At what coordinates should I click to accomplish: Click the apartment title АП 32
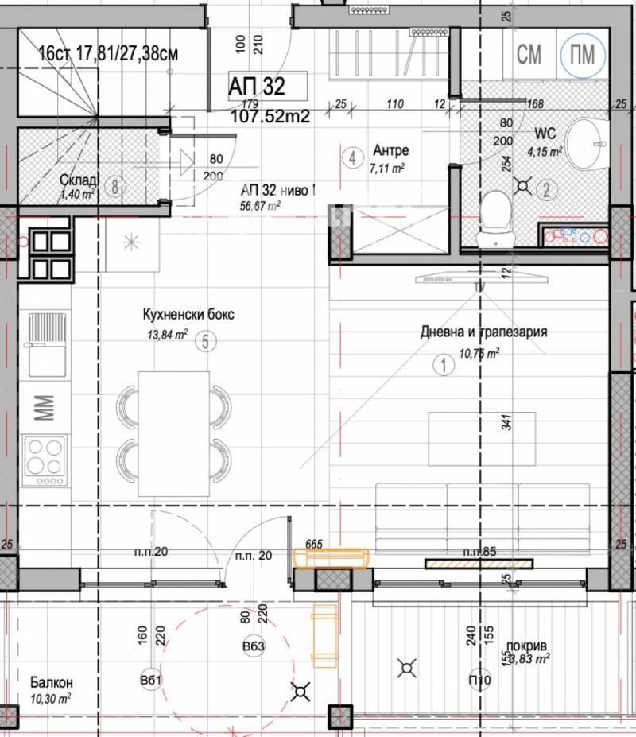click(x=255, y=85)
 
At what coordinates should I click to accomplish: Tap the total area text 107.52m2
click(x=270, y=116)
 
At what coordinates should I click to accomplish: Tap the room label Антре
click(x=390, y=151)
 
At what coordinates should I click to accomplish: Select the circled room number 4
click(x=351, y=157)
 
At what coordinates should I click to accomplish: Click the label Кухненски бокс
click(x=188, y=315)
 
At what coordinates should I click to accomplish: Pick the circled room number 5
click(x=205, y=343)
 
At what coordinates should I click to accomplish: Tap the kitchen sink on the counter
click(x=46, y=344)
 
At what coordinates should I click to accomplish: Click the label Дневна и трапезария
click(x=483, y=332)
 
